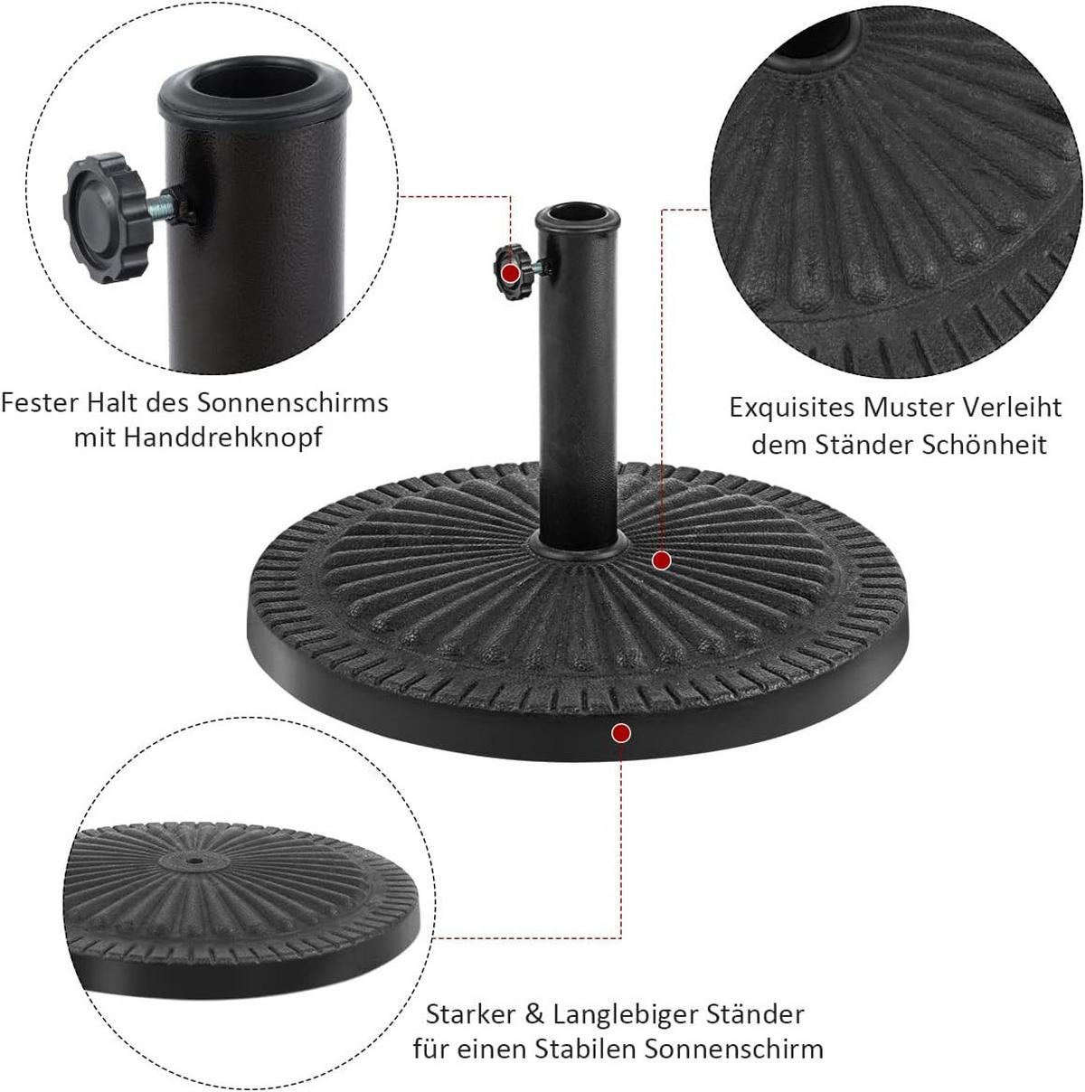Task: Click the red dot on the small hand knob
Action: coord(511,273)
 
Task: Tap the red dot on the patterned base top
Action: coord(662,560)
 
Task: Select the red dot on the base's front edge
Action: coord(621,733)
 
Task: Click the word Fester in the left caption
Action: coord(39,403)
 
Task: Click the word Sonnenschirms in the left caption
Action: coord(293,403)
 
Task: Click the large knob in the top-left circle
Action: coord(104,218)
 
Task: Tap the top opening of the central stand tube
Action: coord(577,215)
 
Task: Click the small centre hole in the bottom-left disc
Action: coord(194,861)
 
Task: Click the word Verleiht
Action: coord(1013,408)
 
